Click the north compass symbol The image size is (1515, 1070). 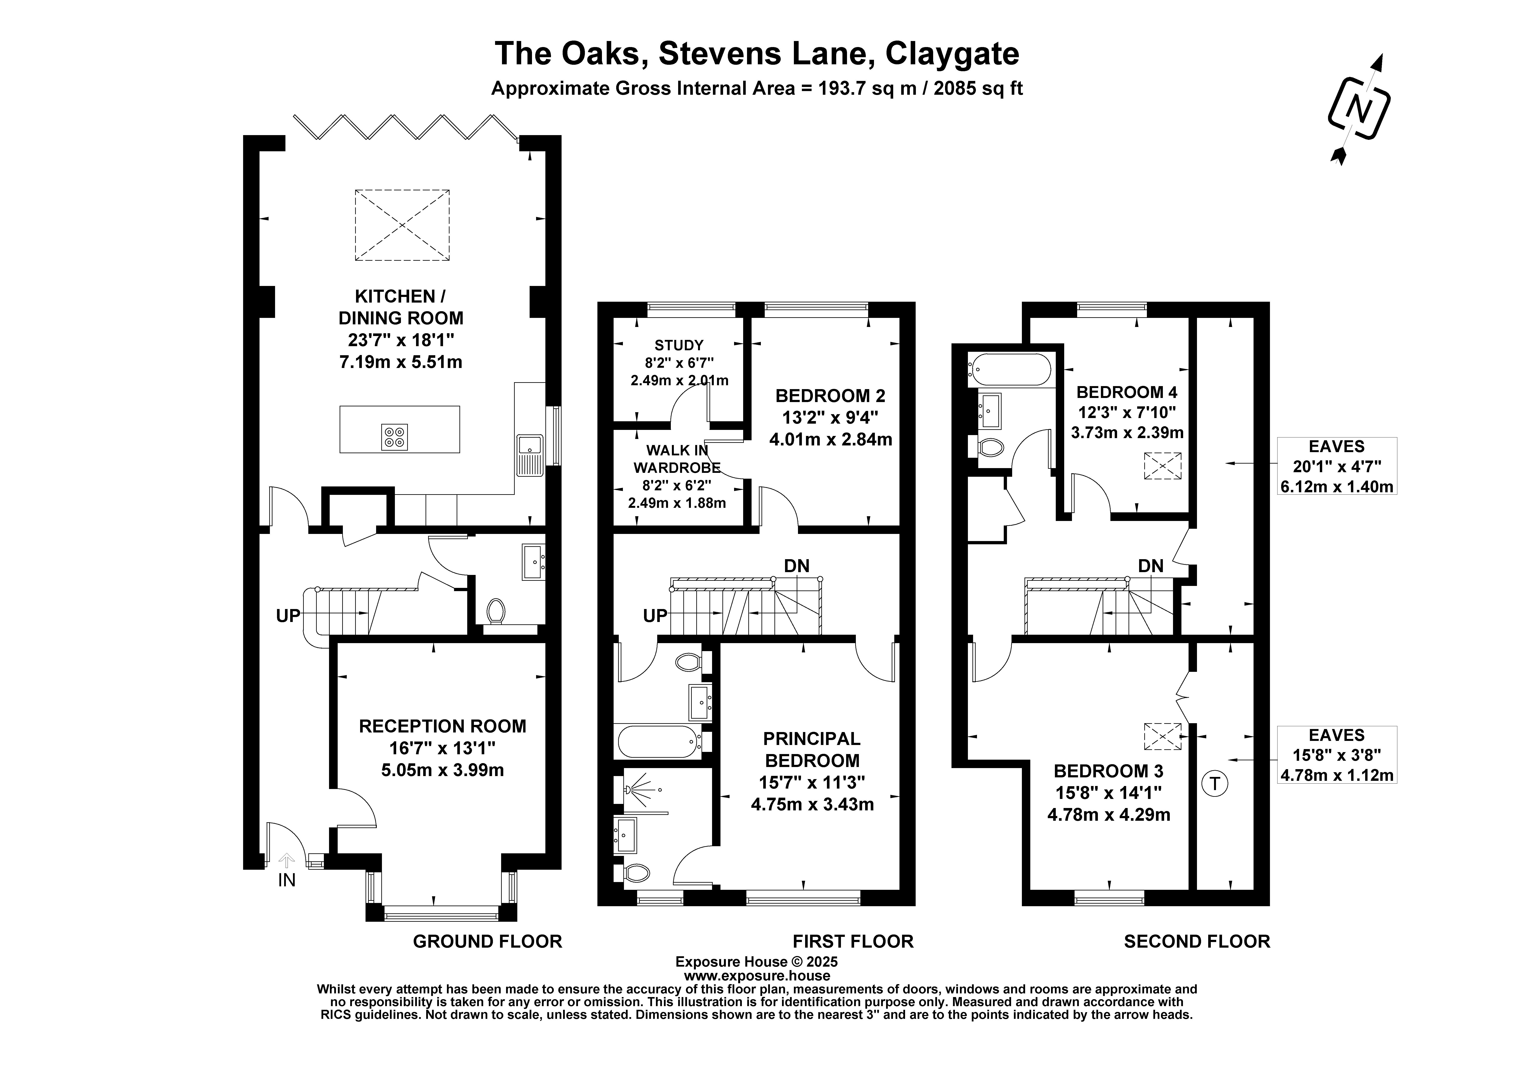pos(1359,109)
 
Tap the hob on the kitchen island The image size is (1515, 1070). pos(395,437)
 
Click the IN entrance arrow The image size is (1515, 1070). pos(286,860)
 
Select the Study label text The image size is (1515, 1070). pos(679,345)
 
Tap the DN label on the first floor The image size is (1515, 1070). pos(796,565)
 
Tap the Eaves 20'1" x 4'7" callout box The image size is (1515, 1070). pos(1337,466)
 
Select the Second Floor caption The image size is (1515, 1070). pos(1197,941)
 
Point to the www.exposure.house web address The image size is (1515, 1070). pos(757,976)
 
